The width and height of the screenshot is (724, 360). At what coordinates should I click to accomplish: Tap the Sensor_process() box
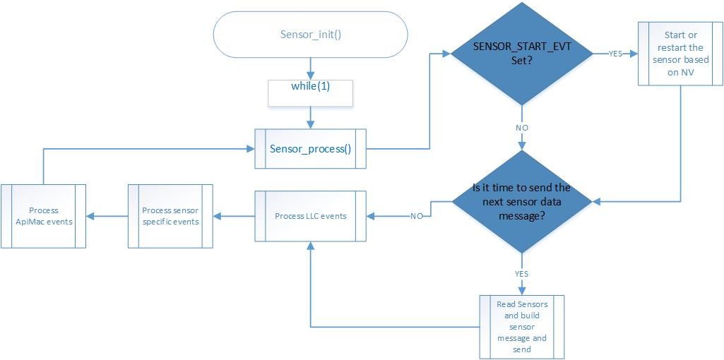[310, 149]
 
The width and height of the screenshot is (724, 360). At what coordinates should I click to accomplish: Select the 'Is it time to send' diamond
[522, 202]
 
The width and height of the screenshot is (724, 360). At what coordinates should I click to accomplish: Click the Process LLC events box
[310, 215]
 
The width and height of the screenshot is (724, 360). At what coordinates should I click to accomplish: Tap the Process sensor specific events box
[170, 216]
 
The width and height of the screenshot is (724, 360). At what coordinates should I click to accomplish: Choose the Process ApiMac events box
[44, 216]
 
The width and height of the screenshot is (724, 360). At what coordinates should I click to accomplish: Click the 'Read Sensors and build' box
[522, 326]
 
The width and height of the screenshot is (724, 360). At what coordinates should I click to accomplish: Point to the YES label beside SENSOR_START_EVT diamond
[615, 54]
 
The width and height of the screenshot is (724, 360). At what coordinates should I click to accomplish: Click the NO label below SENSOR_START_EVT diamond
[522, 128]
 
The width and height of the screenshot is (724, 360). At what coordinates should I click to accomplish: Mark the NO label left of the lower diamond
[417, 216]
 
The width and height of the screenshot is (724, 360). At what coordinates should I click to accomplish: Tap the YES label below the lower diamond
[522, 274]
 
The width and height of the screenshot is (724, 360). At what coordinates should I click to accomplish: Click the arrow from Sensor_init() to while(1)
[310, 68]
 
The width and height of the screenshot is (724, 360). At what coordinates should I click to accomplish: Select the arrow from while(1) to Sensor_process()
[310, 118]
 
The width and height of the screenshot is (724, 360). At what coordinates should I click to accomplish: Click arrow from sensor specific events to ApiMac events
[107, 216]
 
